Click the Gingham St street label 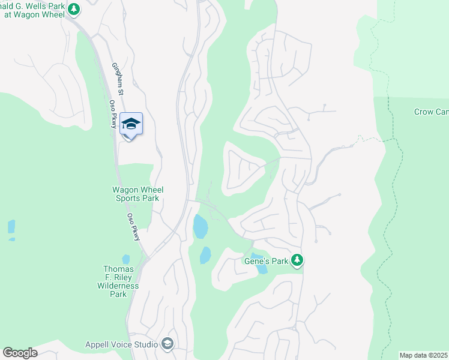click(x=118, y=79)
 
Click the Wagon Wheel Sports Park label click(x=138, y=194)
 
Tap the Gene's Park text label click(x=266, y=261)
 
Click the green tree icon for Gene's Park click(x=296, y=260)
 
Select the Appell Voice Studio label click(x=121, y=344)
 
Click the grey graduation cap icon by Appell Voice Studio click(x=167, y=344)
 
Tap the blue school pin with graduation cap click(x=131, y=124)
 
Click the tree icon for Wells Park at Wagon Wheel click(x=74, y=9)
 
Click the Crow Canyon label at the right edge click(x=431, y=112)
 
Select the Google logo click(x=20, y=353)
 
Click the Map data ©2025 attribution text click(x=423, y=355)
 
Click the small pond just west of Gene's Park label click(x=205, y=254)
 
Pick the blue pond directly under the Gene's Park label click(x=262, y=268)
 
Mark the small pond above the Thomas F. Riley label click(x=125, y=260)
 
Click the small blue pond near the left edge click(x=11, y=227)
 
